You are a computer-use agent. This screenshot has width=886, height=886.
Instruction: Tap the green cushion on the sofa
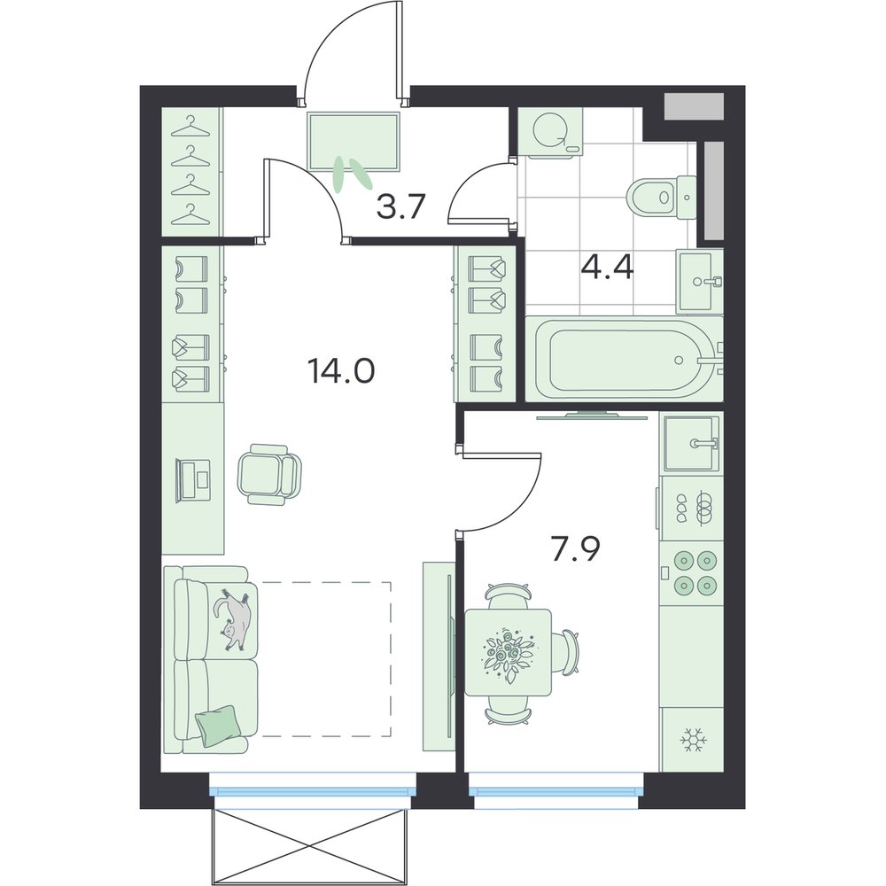click(x=216, y=725)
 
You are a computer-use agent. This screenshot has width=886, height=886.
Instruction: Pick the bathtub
click(x=625, y=358)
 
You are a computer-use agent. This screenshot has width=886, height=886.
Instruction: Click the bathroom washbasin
click(x=701, y=281)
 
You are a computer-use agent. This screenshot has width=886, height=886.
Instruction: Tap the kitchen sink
click(x=692, y=443)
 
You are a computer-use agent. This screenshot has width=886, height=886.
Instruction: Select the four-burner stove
click(x=692, y=573)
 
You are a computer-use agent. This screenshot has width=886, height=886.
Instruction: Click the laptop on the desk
click(x=193, y=480)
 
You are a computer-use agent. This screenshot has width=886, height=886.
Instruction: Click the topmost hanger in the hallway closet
click(x=190, y=128)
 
